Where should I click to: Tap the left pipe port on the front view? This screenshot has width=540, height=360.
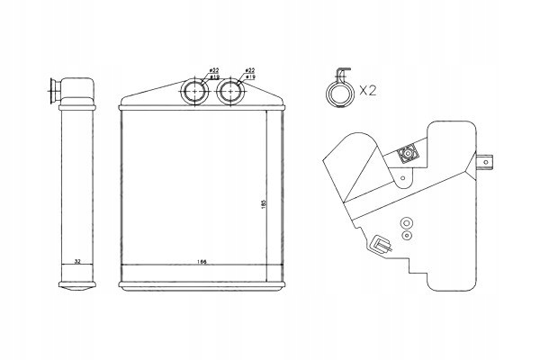tap(195, 90)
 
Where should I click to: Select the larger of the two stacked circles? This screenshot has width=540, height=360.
tap(405, 222)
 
